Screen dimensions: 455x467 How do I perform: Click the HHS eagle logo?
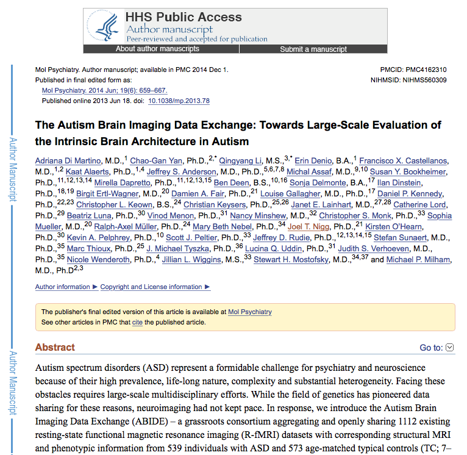point(108,26)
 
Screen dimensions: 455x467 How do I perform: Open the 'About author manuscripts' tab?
point(157,49)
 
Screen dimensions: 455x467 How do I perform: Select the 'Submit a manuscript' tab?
point(313,49)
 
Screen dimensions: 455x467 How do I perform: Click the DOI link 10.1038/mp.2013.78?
point(179,101)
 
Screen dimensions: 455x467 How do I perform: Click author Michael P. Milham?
point(419,259)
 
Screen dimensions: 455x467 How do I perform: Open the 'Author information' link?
point(62,287)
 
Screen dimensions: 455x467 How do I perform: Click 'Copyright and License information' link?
point(151,287)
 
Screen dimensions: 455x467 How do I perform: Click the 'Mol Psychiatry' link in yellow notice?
point(250,312)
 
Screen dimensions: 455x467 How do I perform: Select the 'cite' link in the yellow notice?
point(137,322)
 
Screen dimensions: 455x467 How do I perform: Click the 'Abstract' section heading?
point(55,348)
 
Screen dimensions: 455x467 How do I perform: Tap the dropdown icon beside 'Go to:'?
point(450,348)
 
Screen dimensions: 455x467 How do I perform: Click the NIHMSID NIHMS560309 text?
point(408,80)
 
